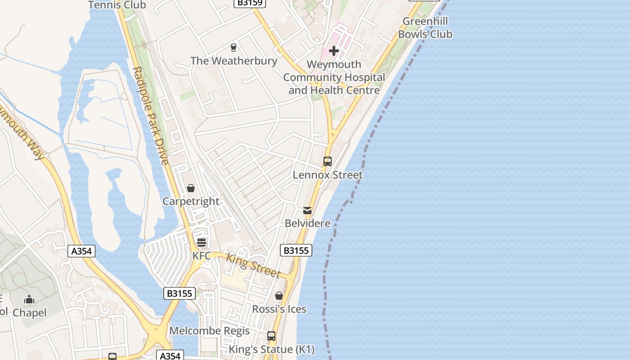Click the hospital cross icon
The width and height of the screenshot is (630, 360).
(x=334, y=51)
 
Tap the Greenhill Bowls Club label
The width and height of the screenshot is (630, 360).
(x=425, y=28)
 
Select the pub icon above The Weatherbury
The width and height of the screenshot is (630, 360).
(x=233, y=47)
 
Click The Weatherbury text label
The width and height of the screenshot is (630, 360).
(x=234, y=61)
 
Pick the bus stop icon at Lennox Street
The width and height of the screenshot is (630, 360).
(x=328, y=162)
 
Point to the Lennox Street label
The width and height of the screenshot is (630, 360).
(x=328, y=175)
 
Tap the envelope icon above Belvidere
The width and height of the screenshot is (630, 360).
(x=307, y=210)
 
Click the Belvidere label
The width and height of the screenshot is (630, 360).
(x=307, y=223)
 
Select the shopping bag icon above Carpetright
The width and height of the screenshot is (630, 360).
(x=191, y=188)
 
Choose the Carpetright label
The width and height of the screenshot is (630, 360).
(x=191, y=201)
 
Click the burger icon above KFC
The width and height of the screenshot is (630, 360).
(x=202, y=243)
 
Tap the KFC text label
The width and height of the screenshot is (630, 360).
(x=202, y=256)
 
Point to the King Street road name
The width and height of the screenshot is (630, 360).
(x=253, y=265)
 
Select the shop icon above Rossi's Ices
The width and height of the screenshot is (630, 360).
(x=279, y=296)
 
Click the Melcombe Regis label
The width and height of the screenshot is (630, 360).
(x=209, y=331)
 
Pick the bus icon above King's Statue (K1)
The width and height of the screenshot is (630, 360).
(x=271, y=336)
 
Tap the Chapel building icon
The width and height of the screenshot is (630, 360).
(x=29, y=300)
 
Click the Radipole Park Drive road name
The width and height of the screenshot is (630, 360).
(x=151, y=116)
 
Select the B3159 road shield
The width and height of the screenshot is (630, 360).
(x=250, y=3)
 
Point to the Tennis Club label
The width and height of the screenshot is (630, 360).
(x=117, y=5)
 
